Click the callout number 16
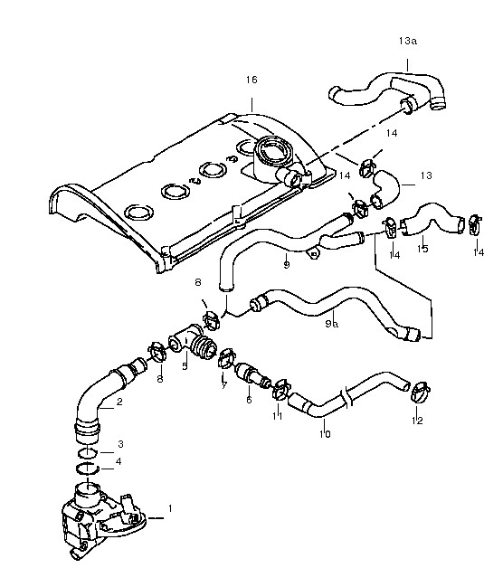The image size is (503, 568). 251,80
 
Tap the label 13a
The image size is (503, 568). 408,41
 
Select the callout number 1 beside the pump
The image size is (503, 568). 170,508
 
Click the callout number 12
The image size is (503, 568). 417,421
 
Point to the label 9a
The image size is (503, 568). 332,324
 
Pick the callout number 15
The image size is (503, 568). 422,249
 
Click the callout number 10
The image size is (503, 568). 325,433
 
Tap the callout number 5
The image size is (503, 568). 185,366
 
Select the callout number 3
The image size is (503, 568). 120,444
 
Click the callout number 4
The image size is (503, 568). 119,461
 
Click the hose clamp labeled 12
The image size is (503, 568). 420,393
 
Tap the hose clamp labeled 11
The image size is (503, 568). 280,390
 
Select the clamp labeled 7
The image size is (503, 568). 227,357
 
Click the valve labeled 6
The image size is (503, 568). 252,374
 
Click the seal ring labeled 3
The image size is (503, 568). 88,453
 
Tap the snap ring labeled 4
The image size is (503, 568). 88,469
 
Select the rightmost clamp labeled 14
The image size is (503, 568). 476,224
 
